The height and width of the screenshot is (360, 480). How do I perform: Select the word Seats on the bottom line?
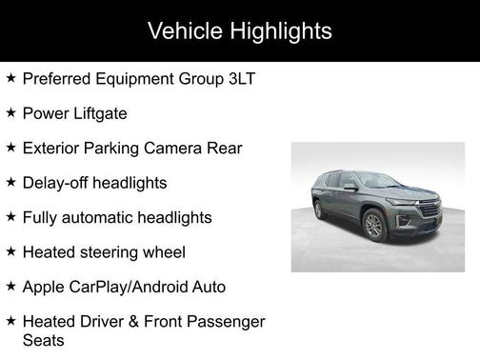click(x=45, y=338)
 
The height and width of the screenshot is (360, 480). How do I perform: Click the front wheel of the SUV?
click(x=372, y=226)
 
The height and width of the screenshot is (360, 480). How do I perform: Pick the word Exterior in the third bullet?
click(x=53, y=148)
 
